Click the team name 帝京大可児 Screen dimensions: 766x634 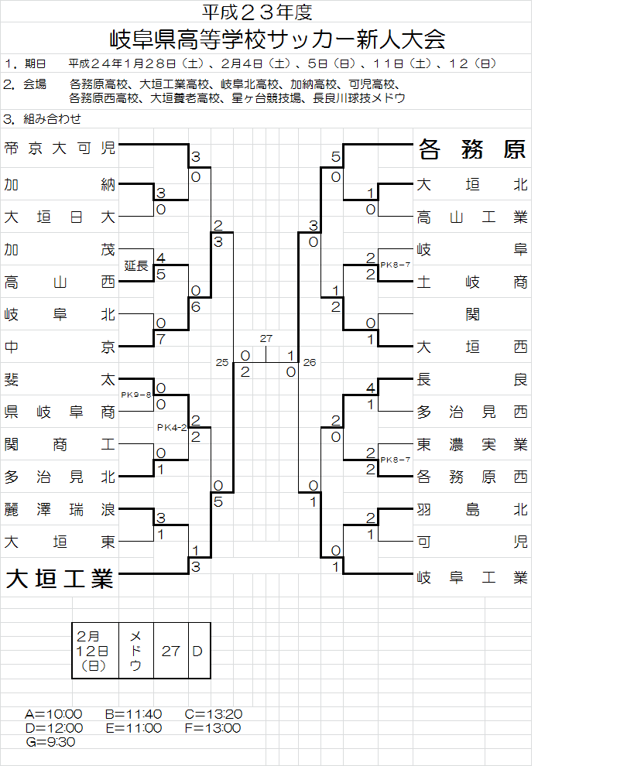click(60, 149)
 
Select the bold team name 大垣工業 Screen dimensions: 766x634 click(60, 579)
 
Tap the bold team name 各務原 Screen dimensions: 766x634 click(472, 149)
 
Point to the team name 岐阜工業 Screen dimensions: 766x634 click(472, 576)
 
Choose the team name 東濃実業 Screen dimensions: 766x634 click(472, 444)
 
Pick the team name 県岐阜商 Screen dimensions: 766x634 click(60, 412)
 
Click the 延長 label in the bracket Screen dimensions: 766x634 click(136, 265)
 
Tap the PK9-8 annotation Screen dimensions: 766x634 click(136, 395)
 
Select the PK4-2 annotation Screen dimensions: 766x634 click(172, 427)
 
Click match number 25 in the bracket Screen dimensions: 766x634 click(223, 362)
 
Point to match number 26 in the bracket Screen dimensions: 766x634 click(309, 362)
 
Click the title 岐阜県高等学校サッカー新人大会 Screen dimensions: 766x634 click(279, 39)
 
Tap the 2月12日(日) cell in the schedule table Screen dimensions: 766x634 click(94, 650)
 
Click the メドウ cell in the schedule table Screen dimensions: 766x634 click(135, 650)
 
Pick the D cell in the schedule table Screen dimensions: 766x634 click(197, 651)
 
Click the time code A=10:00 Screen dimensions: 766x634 click(53, 713)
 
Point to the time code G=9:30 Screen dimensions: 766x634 click(50, 741)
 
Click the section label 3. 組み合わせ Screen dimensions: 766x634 click(43, 119)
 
